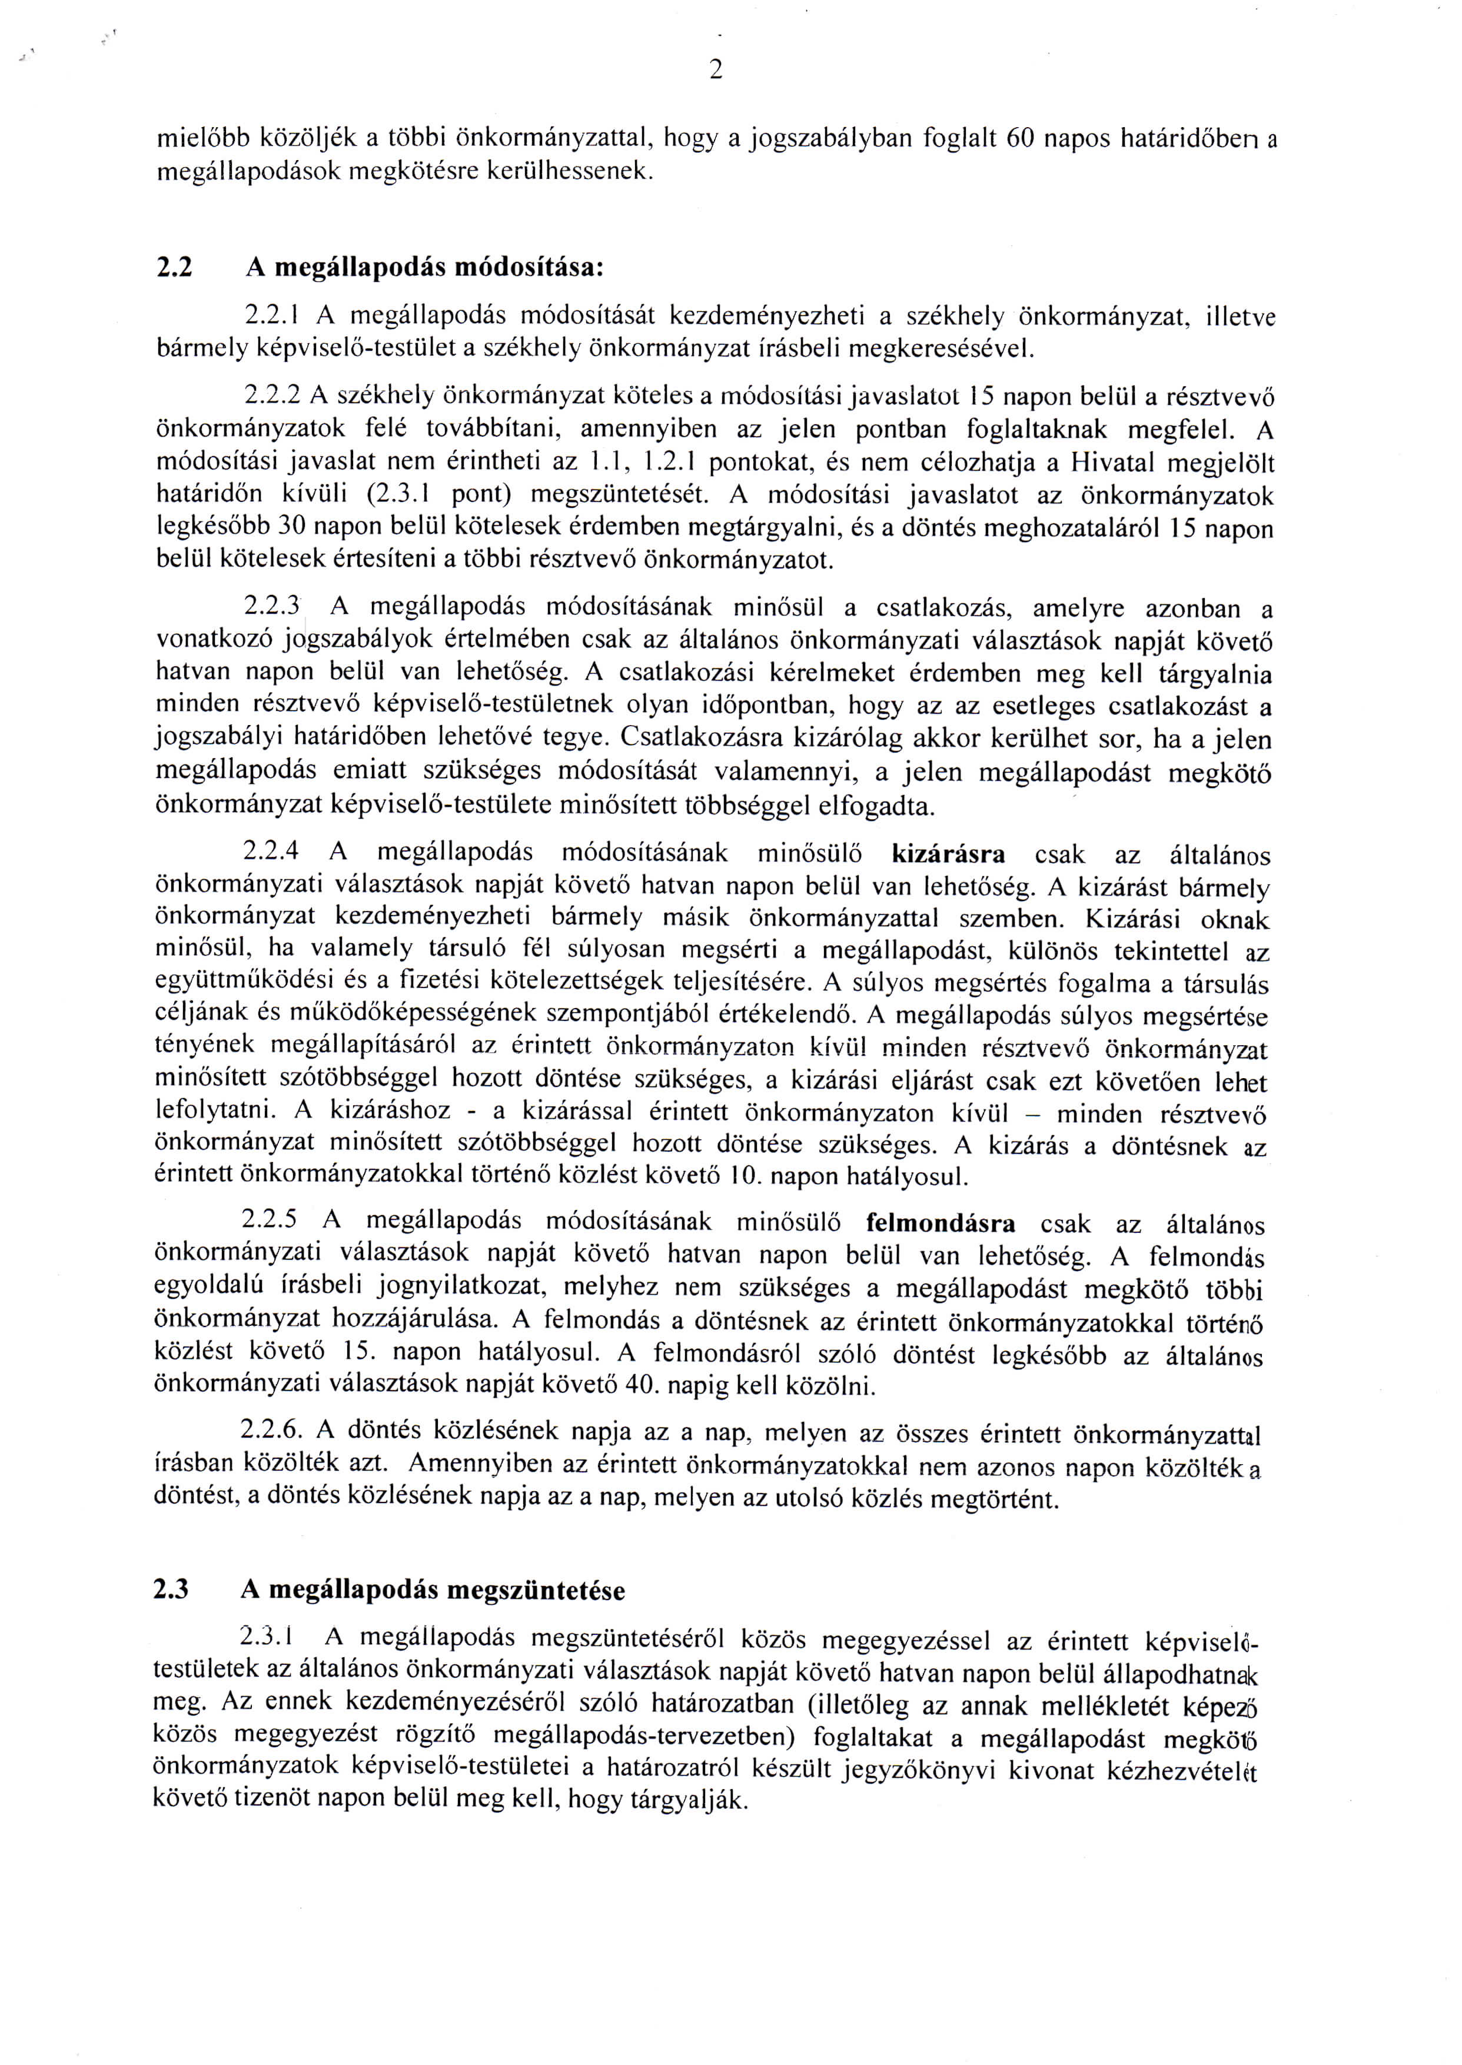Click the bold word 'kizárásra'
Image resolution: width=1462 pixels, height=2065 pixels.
948,853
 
